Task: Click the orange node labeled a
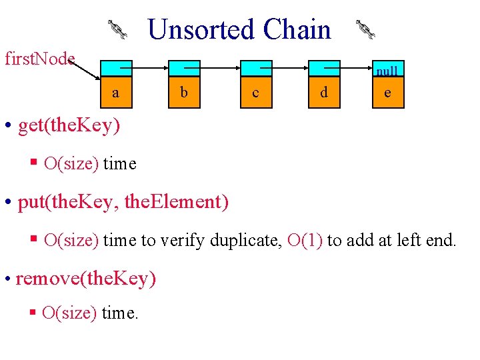click(116, 92)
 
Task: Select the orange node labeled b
click(184, 92)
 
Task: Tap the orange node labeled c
click(255, 92)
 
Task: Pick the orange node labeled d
click(323, 92)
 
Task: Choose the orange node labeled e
click(387, 92)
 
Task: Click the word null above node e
click(387, 71)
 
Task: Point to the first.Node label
click(39, 59)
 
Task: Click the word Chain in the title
click(297, 30)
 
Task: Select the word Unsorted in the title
click(201, 30)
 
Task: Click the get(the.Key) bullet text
click(69, 125)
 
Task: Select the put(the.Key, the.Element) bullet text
click(123, 201)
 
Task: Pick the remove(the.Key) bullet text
click(85, 278)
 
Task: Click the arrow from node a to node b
click(151, 67)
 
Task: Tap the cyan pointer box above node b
click(185, 68)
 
